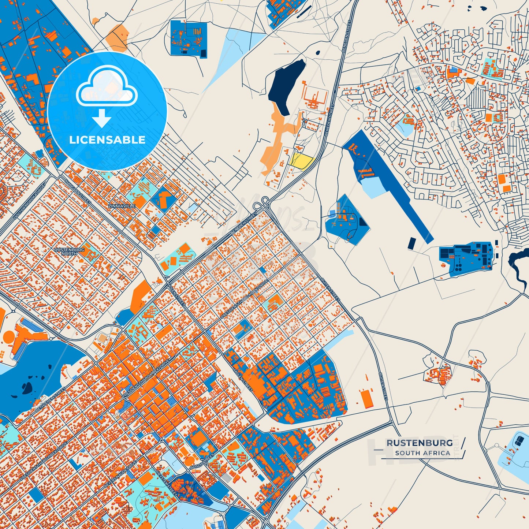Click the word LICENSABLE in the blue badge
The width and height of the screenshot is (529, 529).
pos(107,140)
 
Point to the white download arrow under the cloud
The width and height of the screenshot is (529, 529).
pos(101,118)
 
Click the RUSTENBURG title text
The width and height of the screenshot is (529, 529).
pos(420,443)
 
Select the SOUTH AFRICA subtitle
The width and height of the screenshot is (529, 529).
pos(422,453)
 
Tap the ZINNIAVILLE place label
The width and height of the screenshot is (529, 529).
pos(122,206)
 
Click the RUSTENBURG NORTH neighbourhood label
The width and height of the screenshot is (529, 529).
pos(69,251)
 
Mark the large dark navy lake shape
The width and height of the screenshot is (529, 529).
pos(287,86)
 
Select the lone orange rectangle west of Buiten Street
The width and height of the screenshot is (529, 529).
pos(365,399)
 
